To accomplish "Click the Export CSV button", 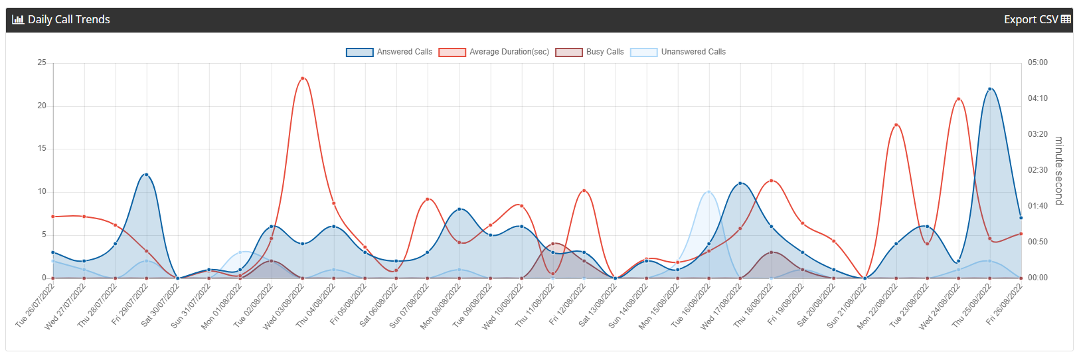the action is [x=1037, y=20].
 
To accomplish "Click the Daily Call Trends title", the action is [x=69, y=20].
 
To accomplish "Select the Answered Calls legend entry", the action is [x=389, y=52].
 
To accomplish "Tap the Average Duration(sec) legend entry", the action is [x=494, y=52].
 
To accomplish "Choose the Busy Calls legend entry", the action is [x=590, y=52].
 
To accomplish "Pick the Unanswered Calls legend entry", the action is [x=678, y=52].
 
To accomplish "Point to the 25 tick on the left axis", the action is [x=42, y=62].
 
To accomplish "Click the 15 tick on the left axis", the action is [x=42, y=149].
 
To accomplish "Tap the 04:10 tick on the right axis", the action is [x=1038, y=98].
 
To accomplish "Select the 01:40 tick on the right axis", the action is [x=1038, y=206].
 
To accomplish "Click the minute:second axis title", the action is [x=1058, y=171].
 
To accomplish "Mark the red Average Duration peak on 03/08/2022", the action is [x=302, y=78].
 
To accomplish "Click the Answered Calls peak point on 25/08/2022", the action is [x=989, y=89].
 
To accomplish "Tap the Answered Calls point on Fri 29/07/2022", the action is [x=147, y=175].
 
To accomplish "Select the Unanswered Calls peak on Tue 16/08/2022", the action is [x=708, y=192].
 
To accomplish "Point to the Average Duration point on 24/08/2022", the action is [x=958, y=99].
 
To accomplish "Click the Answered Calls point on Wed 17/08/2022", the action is [x=740, y=183].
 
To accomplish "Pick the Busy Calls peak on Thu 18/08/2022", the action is [x=771, y=252].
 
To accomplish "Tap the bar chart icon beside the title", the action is [x=19, y=20].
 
